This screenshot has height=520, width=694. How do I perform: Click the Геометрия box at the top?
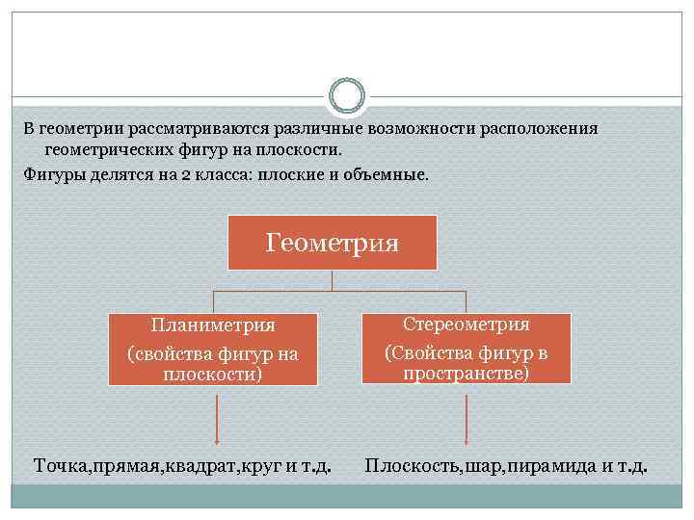332,242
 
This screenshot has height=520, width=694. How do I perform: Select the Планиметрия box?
213,349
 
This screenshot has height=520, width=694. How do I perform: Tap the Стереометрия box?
467,348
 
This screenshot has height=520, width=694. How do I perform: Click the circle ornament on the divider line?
347,96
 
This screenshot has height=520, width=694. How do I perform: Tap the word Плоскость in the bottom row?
413,467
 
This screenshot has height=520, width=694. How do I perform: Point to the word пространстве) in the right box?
466,374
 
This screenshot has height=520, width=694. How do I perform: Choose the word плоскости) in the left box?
213,374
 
